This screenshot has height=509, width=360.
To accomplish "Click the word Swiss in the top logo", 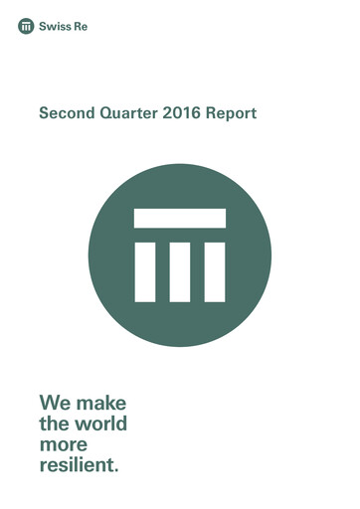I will click(x=55, y=27).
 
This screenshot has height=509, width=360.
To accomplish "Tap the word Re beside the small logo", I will click(x=80, y=27).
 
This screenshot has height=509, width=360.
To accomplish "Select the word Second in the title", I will click(x=66, y=114).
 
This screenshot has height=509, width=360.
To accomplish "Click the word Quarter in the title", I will click(x=131, y=114).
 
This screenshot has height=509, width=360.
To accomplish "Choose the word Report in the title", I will click(x=233, y=114).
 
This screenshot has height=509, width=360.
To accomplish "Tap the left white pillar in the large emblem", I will click(x=145, y=269).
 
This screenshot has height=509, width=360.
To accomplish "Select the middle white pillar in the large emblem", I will click(x=180, y=269).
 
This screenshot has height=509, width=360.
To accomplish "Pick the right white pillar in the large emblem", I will click(x=215, y=269).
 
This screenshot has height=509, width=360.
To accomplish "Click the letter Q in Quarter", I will click(x=108, y=114).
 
